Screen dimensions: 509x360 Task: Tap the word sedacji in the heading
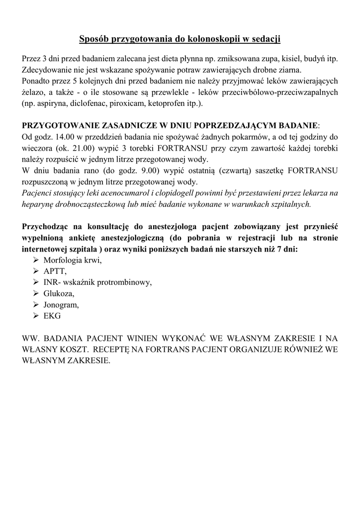tap(264, 38)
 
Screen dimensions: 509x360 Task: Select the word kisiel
tap(288, 59)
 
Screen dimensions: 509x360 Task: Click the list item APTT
tap(55, 272)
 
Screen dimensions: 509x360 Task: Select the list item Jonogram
tap(61, 305)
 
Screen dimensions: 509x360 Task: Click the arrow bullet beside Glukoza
tap(36, 294)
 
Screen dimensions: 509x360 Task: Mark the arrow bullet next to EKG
tap(36, 316)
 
